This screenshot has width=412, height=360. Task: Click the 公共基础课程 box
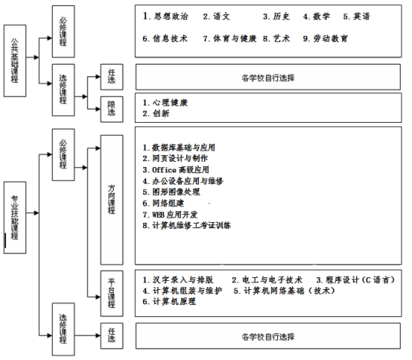click(15, 61)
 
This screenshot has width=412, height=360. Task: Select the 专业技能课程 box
click(15, 218)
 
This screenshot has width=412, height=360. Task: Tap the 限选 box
click(111, 109)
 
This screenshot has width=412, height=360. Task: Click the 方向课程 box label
click(111, 200)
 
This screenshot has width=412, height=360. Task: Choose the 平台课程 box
click(111, 293)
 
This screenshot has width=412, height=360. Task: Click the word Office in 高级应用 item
click(164, 169)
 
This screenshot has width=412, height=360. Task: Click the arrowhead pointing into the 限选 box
click(98, 108)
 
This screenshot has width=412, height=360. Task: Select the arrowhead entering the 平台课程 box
click(98, 297)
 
